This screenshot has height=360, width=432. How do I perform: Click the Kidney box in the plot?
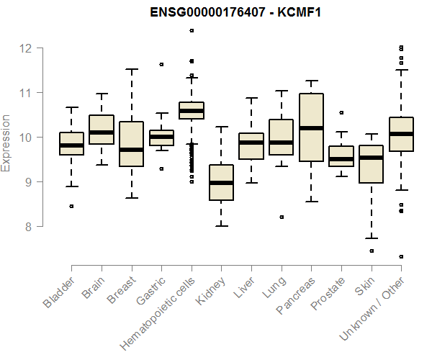(221, 182)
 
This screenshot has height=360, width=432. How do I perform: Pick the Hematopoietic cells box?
(191, 110)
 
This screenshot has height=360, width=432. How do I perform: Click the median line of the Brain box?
(102, 132)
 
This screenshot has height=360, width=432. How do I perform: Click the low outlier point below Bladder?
(71, 206)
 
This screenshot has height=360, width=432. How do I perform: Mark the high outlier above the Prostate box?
(341, 112)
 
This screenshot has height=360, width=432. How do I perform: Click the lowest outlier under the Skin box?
(371, 251)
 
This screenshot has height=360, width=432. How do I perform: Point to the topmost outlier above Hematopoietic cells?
(191, 30)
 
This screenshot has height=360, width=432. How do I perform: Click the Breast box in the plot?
(131, 144)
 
